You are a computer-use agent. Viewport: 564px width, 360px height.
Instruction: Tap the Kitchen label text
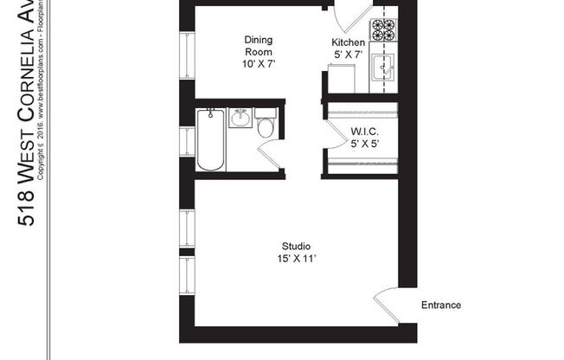coord(348,42)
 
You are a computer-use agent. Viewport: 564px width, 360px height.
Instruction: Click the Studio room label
coord(297,245)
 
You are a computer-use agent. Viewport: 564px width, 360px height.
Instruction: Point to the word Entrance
coord(440,305)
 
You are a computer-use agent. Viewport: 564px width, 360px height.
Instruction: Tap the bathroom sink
coord(240,118)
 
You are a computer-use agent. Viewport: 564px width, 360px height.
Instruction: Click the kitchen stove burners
coord(382,30)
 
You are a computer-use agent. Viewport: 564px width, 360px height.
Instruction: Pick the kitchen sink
coord(381,67)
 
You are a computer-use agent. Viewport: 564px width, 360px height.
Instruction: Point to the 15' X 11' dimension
coord(297,259)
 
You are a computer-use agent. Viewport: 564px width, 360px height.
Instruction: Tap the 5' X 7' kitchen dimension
coord(348,55)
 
